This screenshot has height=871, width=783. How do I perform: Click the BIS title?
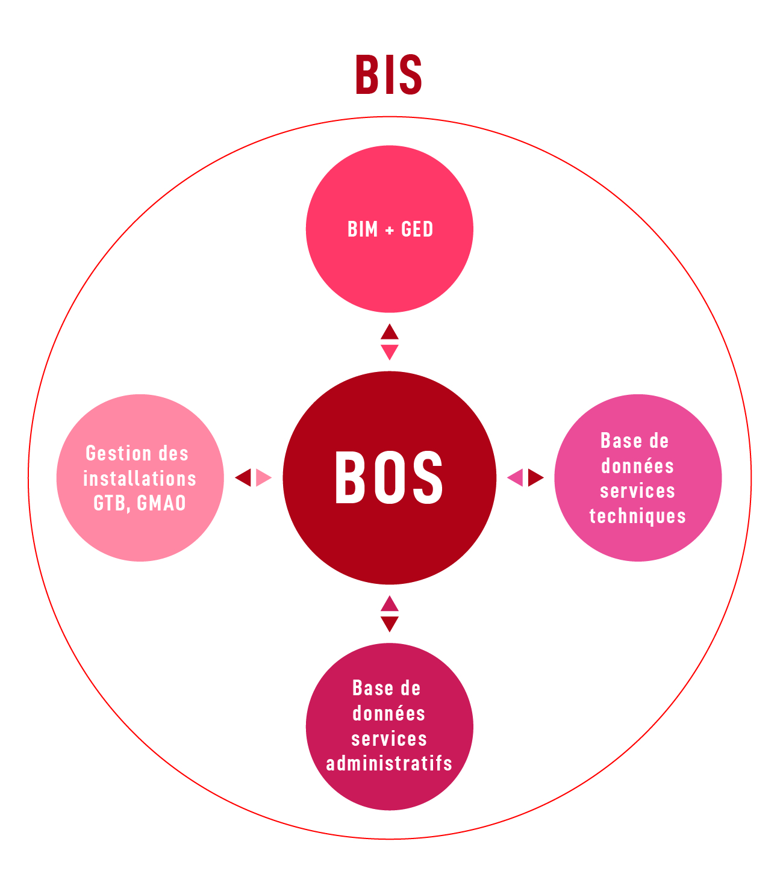click(x=388, y=75)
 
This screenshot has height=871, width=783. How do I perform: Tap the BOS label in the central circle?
click(x=388, y=477)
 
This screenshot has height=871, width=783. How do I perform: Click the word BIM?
click(x=363, y=229)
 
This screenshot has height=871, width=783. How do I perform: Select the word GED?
click(x=417, y=229)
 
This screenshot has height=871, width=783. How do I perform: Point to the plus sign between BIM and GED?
click(x=389, y=231)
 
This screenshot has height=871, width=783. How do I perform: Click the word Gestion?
click(x=119, y=453)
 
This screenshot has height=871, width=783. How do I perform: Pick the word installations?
click(x=140, y=479)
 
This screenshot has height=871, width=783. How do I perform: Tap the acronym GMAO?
click(x=161, y=503)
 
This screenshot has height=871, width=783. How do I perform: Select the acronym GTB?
click(x=111, y=503)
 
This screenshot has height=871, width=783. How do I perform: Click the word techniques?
click(x=638, y=516)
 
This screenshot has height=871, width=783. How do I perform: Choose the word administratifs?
click(x=389, y=763)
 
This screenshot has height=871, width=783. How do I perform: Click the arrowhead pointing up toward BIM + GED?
click(x=389, y=332)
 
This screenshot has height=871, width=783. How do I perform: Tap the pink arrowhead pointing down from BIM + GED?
click(x=389, y=352)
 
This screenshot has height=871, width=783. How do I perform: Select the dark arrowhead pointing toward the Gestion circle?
click(x=243, y=477)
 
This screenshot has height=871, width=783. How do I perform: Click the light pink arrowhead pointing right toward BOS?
click(x=263, y=477)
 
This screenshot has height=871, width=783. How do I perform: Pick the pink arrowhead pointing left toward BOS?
click(x=515, y=477)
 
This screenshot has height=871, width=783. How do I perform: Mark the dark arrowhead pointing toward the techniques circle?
click(x=536, y=477)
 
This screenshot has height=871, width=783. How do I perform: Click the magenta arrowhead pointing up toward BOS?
click(x=389, y=604)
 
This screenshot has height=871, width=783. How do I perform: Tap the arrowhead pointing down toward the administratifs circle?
click(x=389, y=624)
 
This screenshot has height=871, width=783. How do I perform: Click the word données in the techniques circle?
click(x=638, y=466)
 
